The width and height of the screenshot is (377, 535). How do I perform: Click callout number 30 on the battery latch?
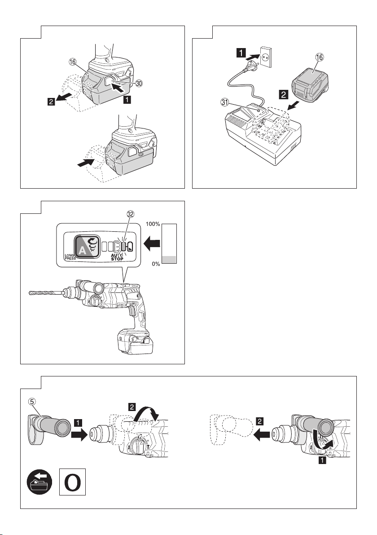point(139,84)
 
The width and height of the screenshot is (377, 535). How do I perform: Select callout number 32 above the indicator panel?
point(130,214)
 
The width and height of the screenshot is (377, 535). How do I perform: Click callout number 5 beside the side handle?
point(32,402)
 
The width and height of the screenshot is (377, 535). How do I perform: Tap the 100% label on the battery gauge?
point(153,224)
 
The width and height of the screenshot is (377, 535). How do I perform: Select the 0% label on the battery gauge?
point(156,264)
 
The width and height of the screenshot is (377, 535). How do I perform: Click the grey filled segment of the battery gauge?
point(169,259)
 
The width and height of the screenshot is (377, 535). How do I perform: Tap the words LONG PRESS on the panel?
point(70,257)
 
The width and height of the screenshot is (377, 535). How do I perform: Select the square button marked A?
point(87,246)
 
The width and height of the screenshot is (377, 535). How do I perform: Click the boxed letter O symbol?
point(72,482)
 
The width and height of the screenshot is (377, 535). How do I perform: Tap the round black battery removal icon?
point(39,482)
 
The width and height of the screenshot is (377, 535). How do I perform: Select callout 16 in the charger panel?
point(320,57)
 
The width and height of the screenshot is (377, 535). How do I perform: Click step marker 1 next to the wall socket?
point(241,53)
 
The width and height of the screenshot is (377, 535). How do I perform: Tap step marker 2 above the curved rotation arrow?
point(132,407)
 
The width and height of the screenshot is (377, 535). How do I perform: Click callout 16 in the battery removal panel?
point(73,62)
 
